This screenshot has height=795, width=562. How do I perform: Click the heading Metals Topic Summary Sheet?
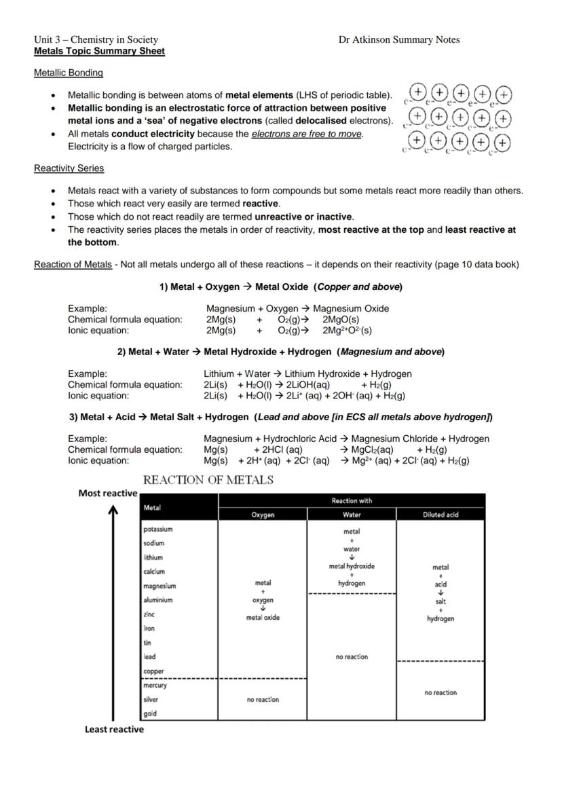[99, 51]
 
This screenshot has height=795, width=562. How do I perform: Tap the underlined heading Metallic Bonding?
[69, 73]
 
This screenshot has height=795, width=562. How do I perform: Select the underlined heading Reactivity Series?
[69, 168]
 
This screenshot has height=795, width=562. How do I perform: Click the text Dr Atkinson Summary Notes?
[399, 39]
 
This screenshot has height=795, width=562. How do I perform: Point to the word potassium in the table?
[158, 529]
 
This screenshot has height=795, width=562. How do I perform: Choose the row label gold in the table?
[150, 714]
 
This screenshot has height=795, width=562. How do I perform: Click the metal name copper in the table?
[154, 671]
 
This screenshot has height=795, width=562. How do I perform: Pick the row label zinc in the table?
[150, 614]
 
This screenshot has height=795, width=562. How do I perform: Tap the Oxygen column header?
[263, 515]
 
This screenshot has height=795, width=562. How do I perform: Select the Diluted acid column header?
[441, 515]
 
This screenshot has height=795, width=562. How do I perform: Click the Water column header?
[352, 515]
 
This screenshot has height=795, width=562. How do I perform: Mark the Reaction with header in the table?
[352, 501]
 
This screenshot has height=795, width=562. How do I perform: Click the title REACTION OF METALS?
[209, 481]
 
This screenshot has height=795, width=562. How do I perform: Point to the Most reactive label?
[108, 494]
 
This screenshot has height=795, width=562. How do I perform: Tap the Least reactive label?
[114, 729]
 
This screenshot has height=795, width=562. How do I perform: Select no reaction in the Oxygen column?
[263, 699]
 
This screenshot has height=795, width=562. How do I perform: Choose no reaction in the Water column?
[352, 657]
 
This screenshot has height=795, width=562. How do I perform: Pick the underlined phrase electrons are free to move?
[307, 134]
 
